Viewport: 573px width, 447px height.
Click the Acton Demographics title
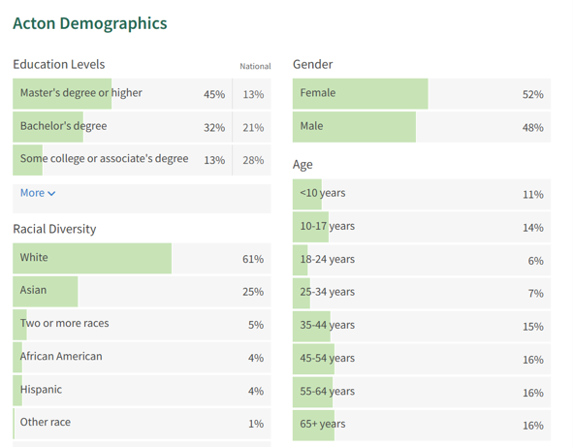(x=90, y=23)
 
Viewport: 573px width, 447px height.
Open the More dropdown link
(x=38, y=193)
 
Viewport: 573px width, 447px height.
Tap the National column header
(x=255, y=66)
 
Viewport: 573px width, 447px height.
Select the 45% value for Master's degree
(x=213, y=94)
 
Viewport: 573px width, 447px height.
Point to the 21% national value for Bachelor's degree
(x=253, y=127)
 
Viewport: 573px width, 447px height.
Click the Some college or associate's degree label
(x=104, y=159)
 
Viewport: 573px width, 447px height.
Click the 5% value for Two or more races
(x=255, y=325)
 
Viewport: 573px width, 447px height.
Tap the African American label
(x=61, y=357)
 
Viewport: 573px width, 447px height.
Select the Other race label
(x=46, y=423)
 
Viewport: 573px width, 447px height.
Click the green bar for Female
(x=360, y=94)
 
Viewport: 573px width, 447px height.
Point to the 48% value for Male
(x=532, y=127)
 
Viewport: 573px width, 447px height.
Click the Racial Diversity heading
(x=54, y=229)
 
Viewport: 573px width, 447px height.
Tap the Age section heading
(x=302, y=165)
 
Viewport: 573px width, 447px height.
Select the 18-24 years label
(x=328, y=260)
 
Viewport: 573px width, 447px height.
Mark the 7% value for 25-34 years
(x=535, y=294)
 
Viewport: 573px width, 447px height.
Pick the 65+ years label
(x=323, y=425)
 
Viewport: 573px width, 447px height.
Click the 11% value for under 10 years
(x=532, y=194)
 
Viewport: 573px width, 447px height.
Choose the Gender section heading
(x=312, y=64)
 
